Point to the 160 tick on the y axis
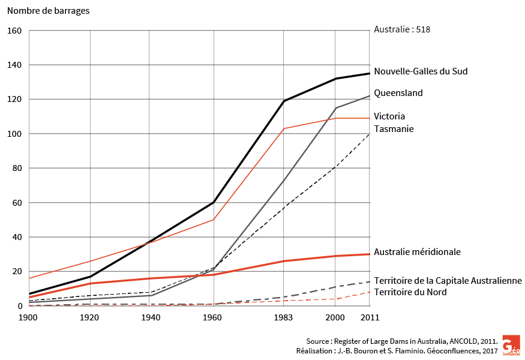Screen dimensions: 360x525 [14, 31]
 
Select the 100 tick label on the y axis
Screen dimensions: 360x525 [14, 134]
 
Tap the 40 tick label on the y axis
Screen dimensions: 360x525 [16, 237]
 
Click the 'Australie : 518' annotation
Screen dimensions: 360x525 [402, 29]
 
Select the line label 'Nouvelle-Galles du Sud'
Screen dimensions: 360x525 [421, 71]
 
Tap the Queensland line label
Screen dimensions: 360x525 [398, 93]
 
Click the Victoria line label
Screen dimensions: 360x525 [389, 116]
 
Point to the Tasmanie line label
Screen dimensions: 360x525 [394, 129]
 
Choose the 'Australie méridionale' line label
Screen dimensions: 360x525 [417, 252]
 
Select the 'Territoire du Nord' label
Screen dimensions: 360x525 [410, 292]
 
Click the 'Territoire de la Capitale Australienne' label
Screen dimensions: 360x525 [448, 281]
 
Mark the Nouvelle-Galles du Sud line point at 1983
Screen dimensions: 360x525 [284, 101]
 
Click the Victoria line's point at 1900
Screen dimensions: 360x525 [29, 278]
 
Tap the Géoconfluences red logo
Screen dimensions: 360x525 [511, 346]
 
